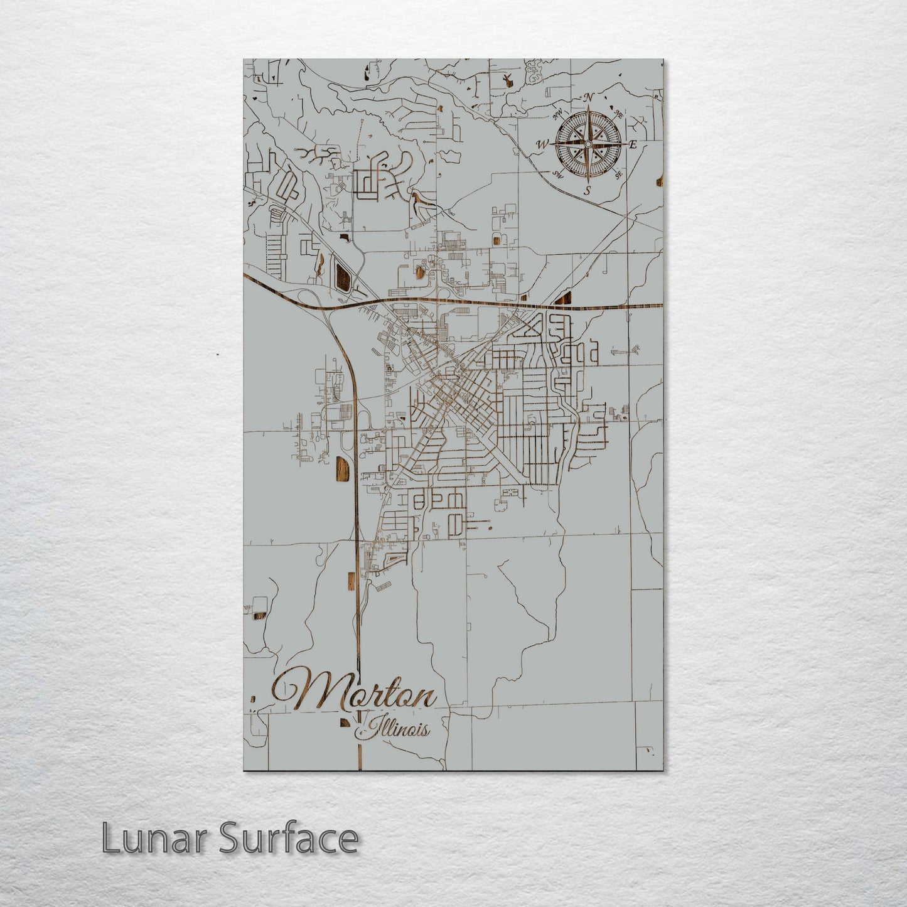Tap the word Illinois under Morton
click(395, 729)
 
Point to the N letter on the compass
click(589, 97)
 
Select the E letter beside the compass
click(633, 145)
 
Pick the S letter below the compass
click(588, 191)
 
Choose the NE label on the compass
click(618, 114)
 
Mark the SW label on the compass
click(557, 175)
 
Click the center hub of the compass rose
click(588, 144)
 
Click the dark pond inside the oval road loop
click(343, 277)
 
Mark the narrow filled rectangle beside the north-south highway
click(348, 581)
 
